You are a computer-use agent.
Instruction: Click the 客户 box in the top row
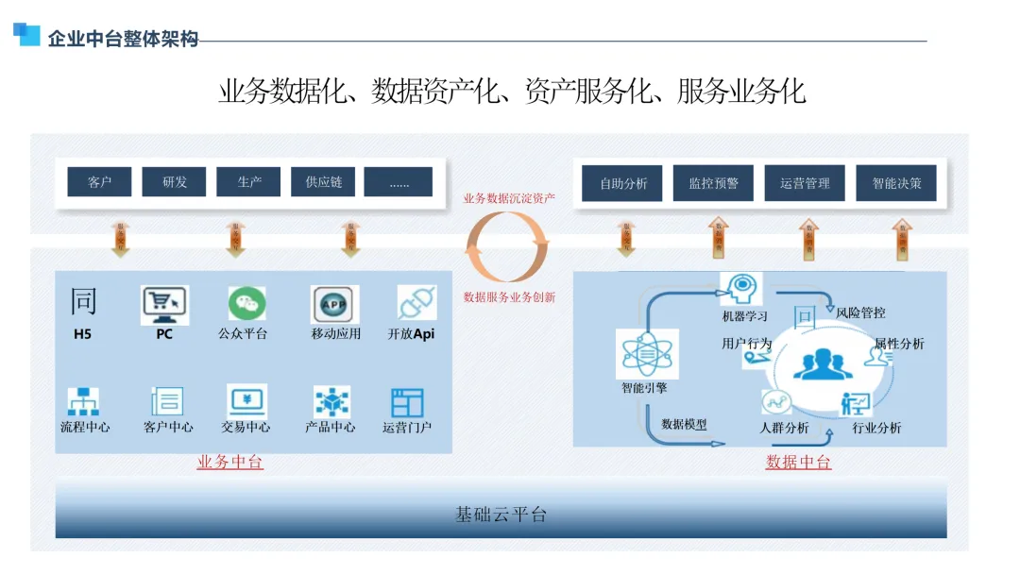[x=99, y=182]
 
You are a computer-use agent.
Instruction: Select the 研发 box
[x=174, y=182]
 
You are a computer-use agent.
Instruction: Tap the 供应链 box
[x=323, y=182]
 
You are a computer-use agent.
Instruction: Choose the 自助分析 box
[x=622, y=183]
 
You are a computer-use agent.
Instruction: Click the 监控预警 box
[x=713, y=183]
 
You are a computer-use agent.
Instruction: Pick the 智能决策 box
[x=896, y=183]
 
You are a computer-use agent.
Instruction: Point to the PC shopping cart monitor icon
[x=164, y=304]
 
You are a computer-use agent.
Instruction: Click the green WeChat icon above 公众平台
[x=246, y=303]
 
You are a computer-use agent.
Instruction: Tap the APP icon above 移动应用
[x=334, y=304]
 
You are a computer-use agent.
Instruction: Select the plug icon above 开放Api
[x=416, y=303]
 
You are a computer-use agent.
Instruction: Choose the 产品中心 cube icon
[x=331, y=402]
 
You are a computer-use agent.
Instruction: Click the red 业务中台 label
[x=229, y=462]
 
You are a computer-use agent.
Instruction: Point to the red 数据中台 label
[x=798, y=462]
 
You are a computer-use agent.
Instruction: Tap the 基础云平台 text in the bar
[x=501, y=515]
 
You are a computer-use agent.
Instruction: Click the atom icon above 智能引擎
[x=642, y=354]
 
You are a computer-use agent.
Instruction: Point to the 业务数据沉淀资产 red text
[x=509, y=198]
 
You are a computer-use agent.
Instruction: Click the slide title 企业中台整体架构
[x=123, y=39]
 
